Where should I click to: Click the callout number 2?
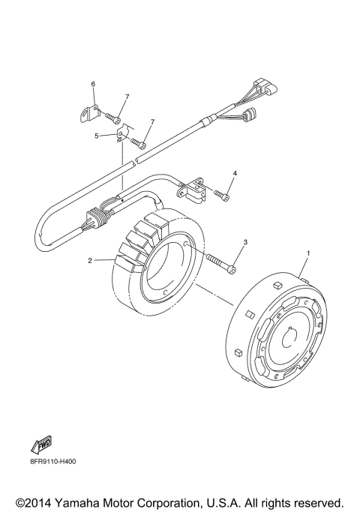(90, 261)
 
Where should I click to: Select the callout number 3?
(244, 242)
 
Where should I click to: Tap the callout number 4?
(235, 173)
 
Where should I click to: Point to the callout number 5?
(97, 136)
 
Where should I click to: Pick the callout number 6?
(94, 84)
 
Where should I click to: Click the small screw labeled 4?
(223, 195)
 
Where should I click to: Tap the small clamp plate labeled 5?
(121, 134)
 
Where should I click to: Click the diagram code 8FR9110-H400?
(47, 461)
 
